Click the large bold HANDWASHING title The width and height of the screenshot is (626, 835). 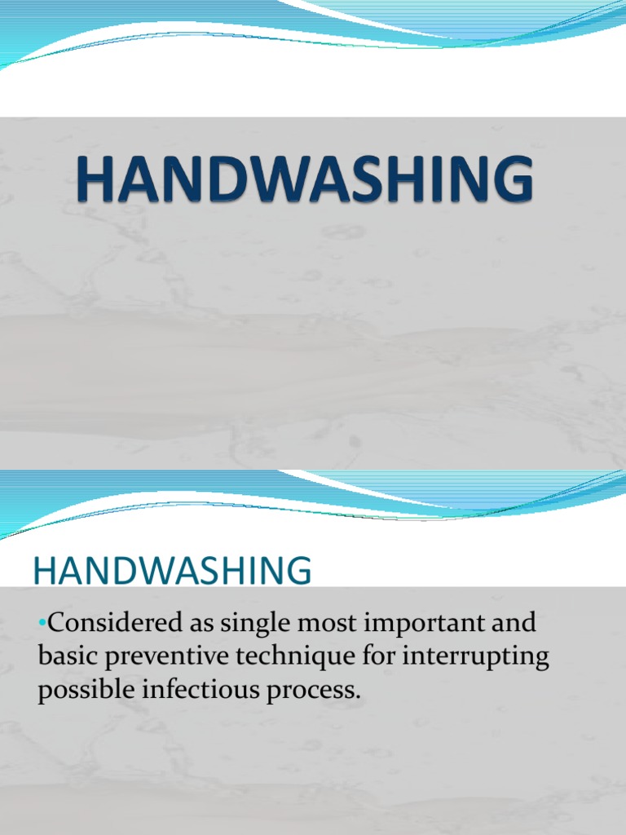306,181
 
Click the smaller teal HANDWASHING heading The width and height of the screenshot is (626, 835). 172,572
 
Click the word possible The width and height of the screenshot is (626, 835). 88,689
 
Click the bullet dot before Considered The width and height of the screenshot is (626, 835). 42,626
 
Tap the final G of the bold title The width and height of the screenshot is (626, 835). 512,181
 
